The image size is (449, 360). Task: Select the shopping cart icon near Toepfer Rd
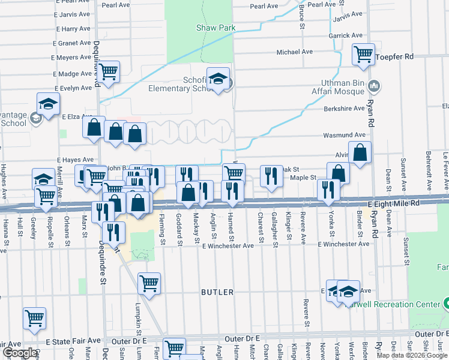coord(364,54)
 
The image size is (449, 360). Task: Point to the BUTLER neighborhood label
coord(217,292)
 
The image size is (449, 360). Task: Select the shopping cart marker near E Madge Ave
coord(109,71)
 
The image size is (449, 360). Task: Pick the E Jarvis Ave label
coord(71,13)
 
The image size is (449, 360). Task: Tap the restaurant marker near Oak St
coord(271,176)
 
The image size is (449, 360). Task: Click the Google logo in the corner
coord(19,353)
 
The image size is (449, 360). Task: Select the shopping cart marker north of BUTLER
coord(149,283)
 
